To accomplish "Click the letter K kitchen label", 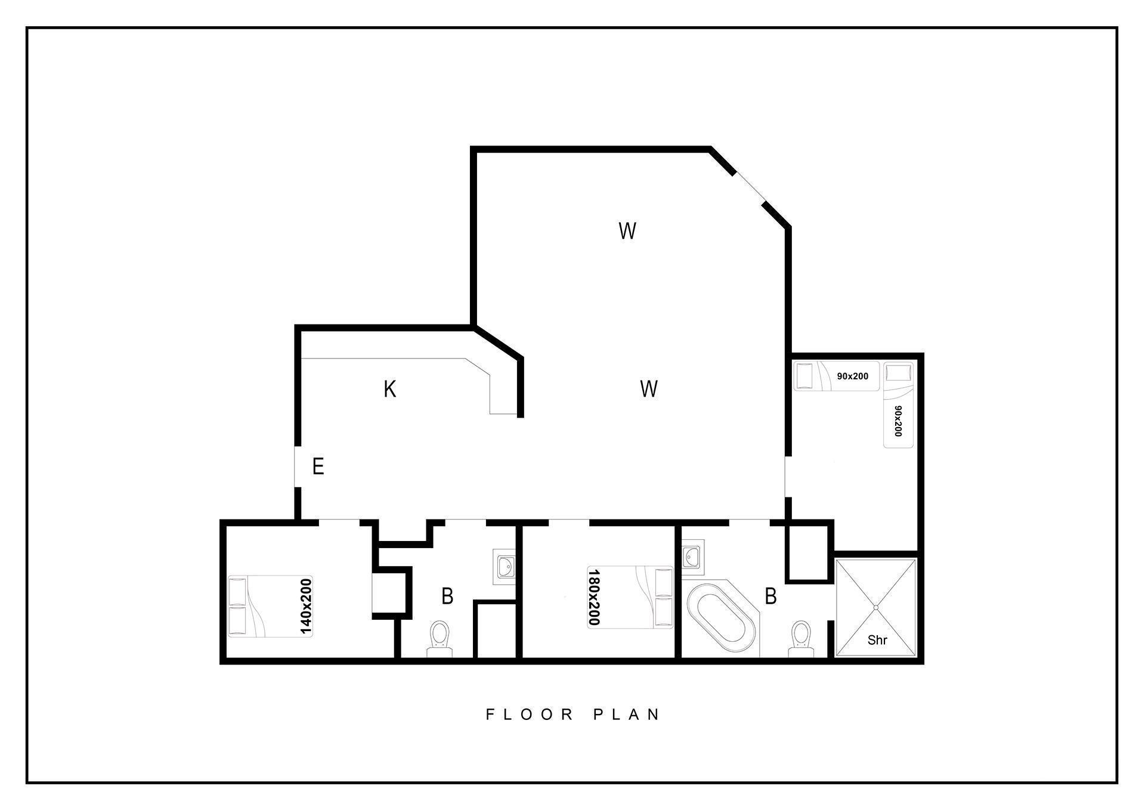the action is point(389,389).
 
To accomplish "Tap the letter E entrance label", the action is point(318,466).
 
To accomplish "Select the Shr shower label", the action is point(877,640).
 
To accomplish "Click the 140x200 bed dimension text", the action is point(305,606).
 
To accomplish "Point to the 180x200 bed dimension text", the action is point(593,597).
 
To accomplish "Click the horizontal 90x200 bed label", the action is point(852,376).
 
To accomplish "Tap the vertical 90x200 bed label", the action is point(898,421).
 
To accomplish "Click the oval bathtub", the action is point(720,619).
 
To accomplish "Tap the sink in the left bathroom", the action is point(505,567).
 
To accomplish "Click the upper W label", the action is point(627,230).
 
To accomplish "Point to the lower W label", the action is point(648,389).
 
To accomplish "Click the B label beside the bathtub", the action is point(770,596).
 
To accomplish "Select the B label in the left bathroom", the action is point(447,596).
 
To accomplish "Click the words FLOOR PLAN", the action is point(572,714).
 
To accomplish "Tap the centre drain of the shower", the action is point(876,607).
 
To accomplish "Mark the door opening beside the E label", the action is point(297,466).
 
